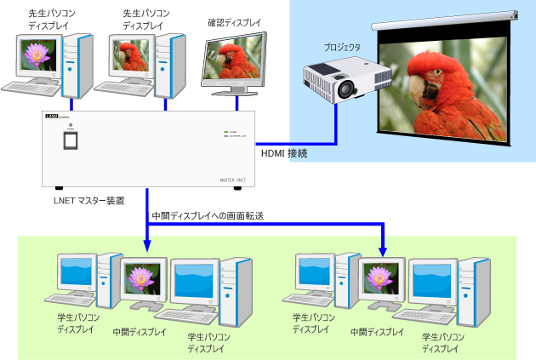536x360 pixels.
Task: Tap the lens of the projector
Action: coord(345,88)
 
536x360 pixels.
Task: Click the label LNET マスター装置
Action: coord(88,201)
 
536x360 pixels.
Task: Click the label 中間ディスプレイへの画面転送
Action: coord(207,216)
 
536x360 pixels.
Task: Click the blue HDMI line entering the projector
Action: coord(336,119)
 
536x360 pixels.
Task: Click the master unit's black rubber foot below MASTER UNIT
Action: coord(236,189)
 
